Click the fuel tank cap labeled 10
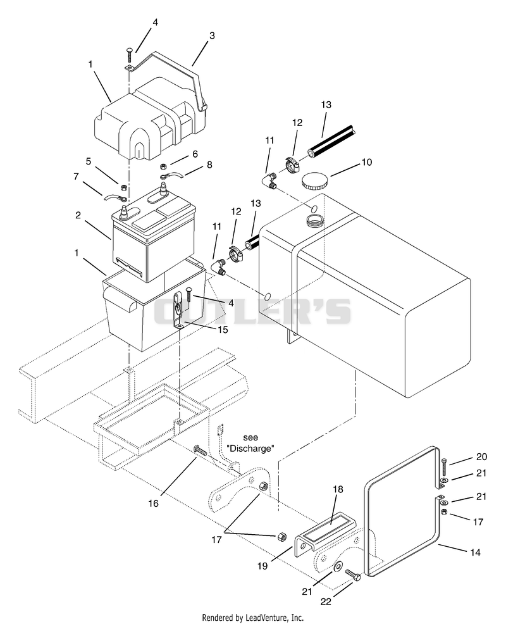pos(314,182)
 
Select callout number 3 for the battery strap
pos(212,35)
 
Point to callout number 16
pos(153,503)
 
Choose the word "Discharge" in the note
pos(250,449)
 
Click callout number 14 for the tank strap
pos(476,552)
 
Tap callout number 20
pos(481,456)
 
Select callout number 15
pos(223,330)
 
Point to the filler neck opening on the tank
pos(315,219)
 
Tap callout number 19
pos(262,566)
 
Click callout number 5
pos(89,161)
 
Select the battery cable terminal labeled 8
pos(171,177)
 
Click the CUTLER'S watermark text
pos(252,311)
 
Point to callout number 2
pos(78,215)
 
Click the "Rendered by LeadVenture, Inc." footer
pos(253,618)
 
